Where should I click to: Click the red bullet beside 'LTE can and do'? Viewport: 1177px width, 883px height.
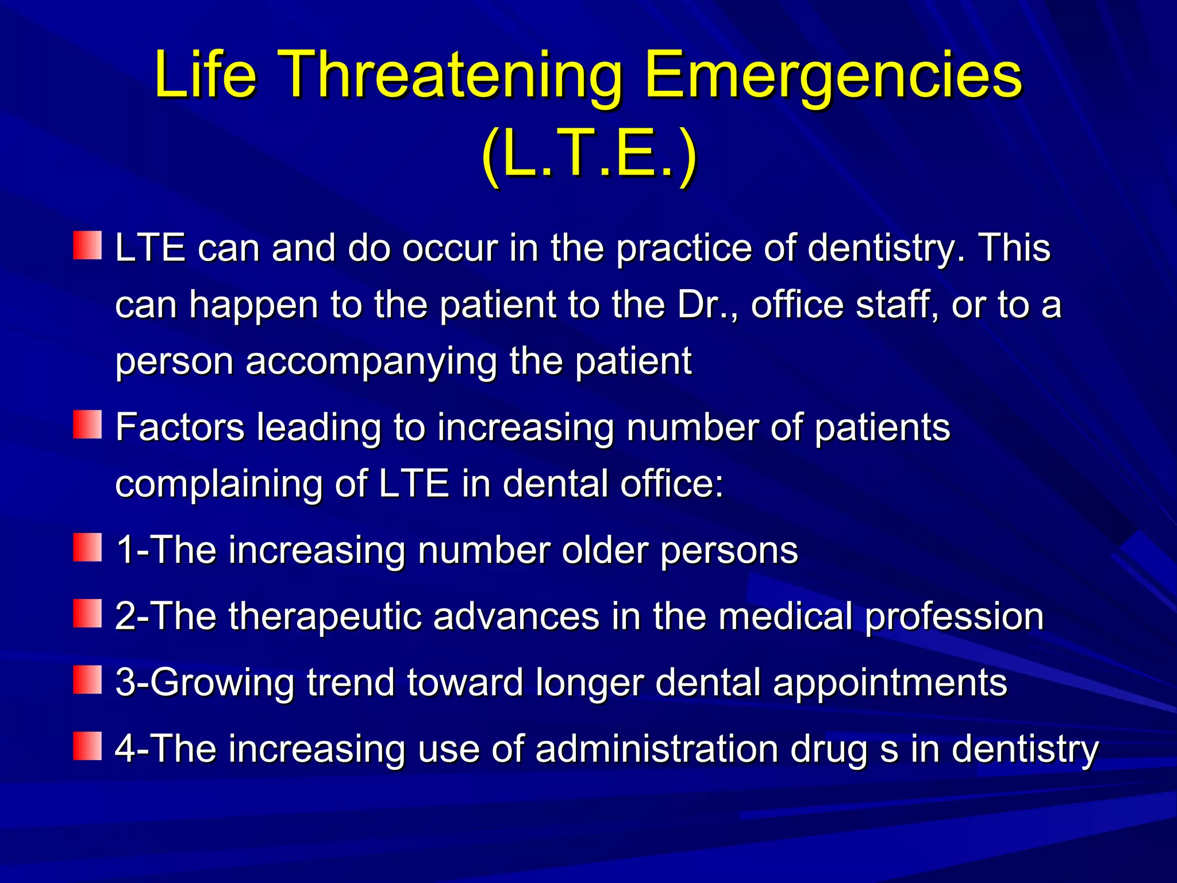[x=87, y=245]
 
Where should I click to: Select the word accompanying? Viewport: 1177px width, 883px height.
[x=371, y=362]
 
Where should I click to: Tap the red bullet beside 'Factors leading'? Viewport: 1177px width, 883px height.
[x=87, y=424]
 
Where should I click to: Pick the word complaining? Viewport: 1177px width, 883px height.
[x=218, y=484]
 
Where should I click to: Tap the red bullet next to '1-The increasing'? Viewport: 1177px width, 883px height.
[x=87, y=547]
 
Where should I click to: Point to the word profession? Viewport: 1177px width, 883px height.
[x=954, y=617]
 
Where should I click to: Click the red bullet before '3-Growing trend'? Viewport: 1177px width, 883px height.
[x=87, y=679]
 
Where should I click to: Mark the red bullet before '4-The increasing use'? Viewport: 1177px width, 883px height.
[x=87, y=746]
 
